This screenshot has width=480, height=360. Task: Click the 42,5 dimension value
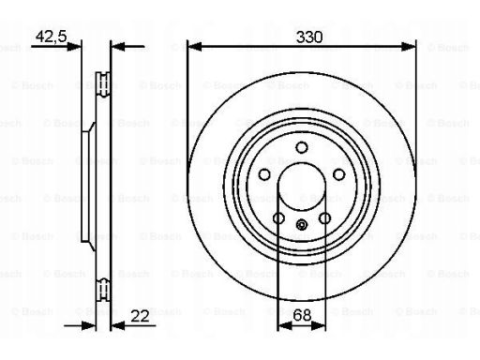pyautogui.click(x=52, y=37)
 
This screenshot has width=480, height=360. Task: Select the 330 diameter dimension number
pyautogui.click(x=309, y=37)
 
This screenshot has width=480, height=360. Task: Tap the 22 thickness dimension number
pyautogui.click(x=140, y=316)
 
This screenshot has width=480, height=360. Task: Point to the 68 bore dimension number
pyautogui.click(x=302, y=315)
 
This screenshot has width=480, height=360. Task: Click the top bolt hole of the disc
pyautogui.click(x=302, y=147)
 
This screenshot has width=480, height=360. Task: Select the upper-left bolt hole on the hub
pyautogui.click(x=264, y=174)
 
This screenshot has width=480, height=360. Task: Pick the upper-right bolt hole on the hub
pyautogui.click(x=339, y=174)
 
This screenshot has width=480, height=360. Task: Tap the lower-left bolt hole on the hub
pyautogui.click(x=278, y=218)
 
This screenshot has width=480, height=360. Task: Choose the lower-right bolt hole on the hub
pyautogui.click(x=324, y=218)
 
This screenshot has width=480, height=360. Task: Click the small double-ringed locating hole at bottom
pyautogui.click(x=302, y=224)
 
